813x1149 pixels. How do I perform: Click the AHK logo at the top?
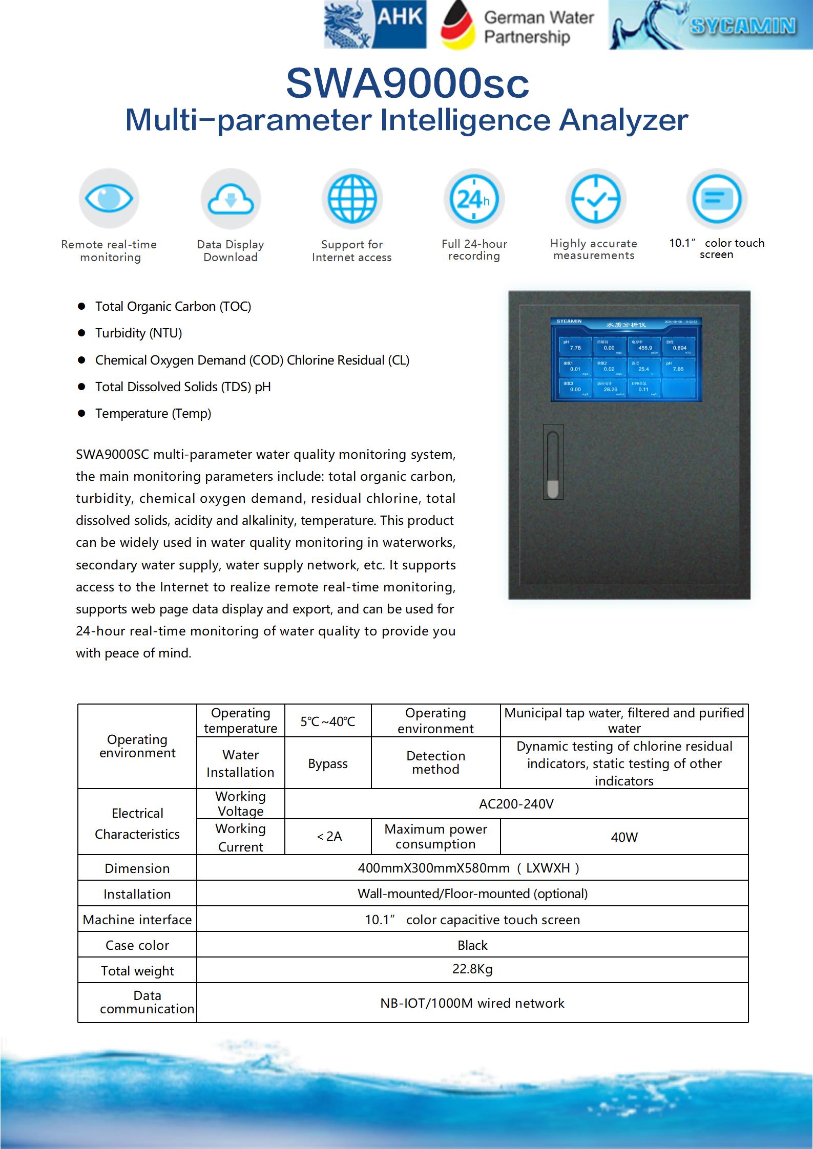tap(375, 25)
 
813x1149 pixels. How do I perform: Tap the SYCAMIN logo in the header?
tap(710, 25)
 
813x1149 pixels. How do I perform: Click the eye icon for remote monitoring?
tap(109, 198)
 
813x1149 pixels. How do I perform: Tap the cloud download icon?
tap(231, 199)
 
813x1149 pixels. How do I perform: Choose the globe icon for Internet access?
tap(352, 199)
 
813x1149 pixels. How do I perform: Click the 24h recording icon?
tap(474, 199)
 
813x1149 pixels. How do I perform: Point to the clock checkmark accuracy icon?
tap(595, 199)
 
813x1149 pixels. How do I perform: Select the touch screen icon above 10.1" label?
tap(717, 198)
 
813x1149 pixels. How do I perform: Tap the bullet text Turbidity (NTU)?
tap(138, 333)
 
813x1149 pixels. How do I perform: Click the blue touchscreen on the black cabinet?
tap(626, 359)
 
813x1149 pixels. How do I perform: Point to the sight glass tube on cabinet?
tap(553, 462)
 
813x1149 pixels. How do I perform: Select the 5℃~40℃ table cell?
tap(328, 721)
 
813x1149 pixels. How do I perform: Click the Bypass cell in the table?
tap(328, 763)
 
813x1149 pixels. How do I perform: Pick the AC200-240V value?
tap(516, 804)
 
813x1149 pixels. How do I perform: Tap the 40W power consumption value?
tap(624, 837)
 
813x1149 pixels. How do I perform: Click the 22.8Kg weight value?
tap(472, 969)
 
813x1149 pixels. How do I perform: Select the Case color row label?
tap(137, 945)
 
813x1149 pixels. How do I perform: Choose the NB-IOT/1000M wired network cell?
tap(472, 1003)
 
